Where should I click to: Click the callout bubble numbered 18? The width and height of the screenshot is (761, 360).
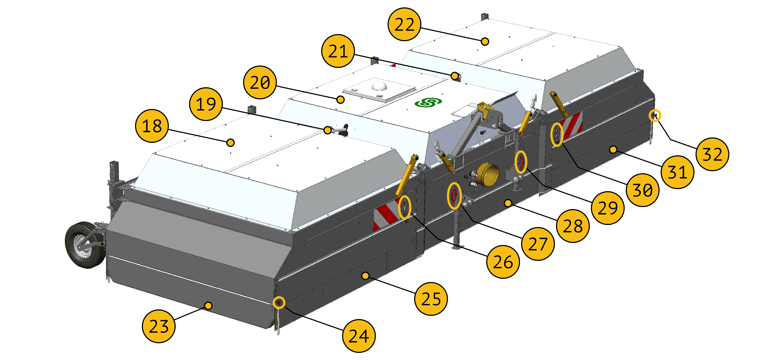click(152, 126)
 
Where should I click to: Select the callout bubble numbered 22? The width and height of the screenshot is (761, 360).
click(404, 24)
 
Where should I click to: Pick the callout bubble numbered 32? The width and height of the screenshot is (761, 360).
click(712, 154)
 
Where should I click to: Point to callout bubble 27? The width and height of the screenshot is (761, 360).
click(538, 244)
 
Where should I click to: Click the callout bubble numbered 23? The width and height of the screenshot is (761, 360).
click(159, 326)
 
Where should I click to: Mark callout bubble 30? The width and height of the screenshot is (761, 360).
click(643, 190)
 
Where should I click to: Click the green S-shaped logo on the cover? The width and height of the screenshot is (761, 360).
click(428, 103)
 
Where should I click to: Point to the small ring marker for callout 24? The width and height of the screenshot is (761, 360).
click(279, 303)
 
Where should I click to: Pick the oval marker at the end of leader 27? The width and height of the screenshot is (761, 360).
click(454, 196)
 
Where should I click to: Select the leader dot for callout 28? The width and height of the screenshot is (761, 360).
click(508, 203)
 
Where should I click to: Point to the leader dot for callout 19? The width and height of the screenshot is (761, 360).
click(327, 130)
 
